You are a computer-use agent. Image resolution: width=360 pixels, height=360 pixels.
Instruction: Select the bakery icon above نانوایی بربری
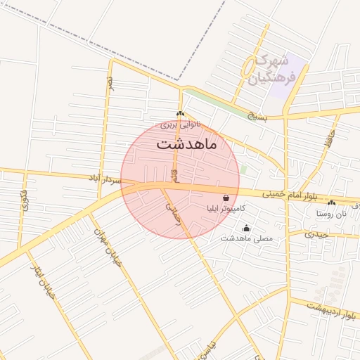pyautogui.click(x=181, y=114)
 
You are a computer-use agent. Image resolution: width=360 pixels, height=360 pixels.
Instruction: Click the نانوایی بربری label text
pyautogui.click(x=181, y=124)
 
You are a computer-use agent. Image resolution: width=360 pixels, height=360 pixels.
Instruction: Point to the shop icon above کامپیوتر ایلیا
pyautogui.click(x=226, y=198)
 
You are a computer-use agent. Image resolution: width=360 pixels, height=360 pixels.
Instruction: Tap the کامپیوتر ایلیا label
pyautogui.click(x=226, y=209)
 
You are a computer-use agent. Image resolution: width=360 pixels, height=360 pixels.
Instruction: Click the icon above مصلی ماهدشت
pyautogui.click(x=246, y=228)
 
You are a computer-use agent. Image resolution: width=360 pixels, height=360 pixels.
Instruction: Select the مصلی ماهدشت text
pyautogui.click(x=246, y=239)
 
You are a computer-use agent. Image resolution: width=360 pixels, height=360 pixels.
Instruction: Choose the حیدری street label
pyautogui.click(x=318, y=234)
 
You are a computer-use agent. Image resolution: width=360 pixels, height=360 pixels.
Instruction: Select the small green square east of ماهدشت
pyautogui.click(x=243, y=169)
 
